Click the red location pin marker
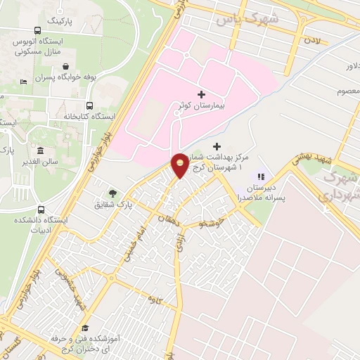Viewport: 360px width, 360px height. tap(179, 165)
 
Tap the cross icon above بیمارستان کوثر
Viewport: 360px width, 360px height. tap(202, 94)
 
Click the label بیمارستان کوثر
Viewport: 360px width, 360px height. tap(202, 107)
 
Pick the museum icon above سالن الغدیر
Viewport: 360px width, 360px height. tap(40, 151)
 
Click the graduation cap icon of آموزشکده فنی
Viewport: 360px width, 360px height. tap(84, 328)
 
